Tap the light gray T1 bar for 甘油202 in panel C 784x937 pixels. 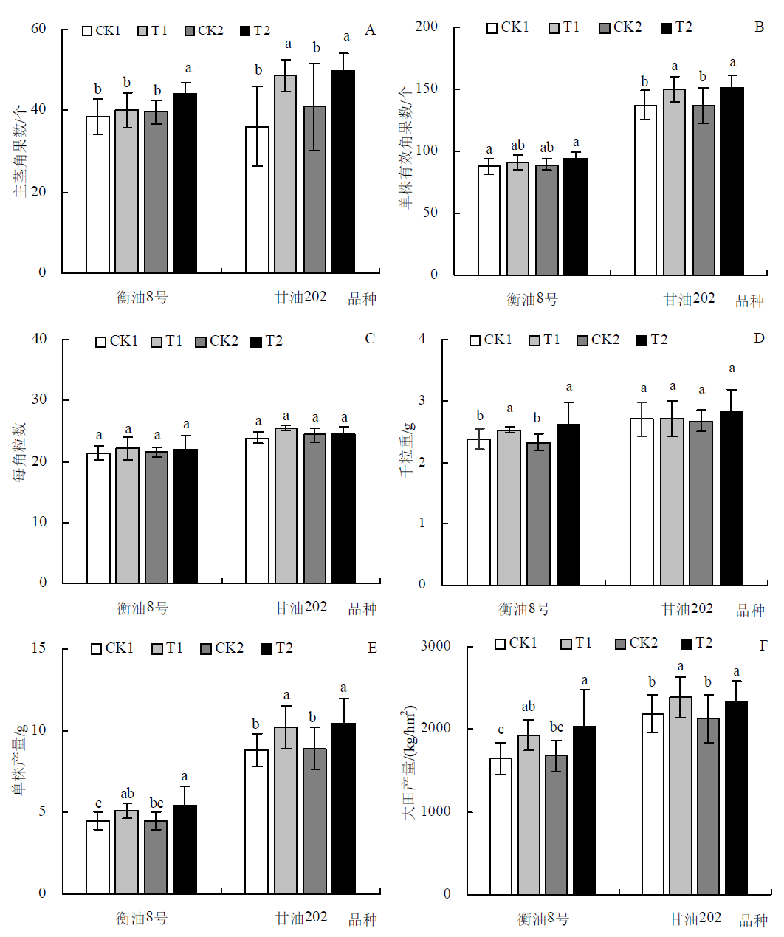coord(286,506)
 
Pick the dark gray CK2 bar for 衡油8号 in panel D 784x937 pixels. coord(538,514)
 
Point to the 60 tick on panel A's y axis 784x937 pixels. coord(38,29)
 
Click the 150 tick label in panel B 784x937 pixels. coord(426,89)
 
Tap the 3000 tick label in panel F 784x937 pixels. coord(436,646)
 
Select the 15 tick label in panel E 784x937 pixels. coord(38,648)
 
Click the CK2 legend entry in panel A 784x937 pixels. coord(204,31)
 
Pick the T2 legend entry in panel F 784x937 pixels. coord(696,643)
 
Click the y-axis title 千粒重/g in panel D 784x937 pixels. coord(407,450)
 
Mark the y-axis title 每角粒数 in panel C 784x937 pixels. coord(19,453)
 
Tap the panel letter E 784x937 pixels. coord(372,648)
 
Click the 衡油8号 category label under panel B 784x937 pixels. coord(532,300)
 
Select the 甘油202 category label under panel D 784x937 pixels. coord(687,609)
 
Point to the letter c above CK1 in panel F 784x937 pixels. coord(501,730)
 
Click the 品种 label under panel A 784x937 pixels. coord(362,299)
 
